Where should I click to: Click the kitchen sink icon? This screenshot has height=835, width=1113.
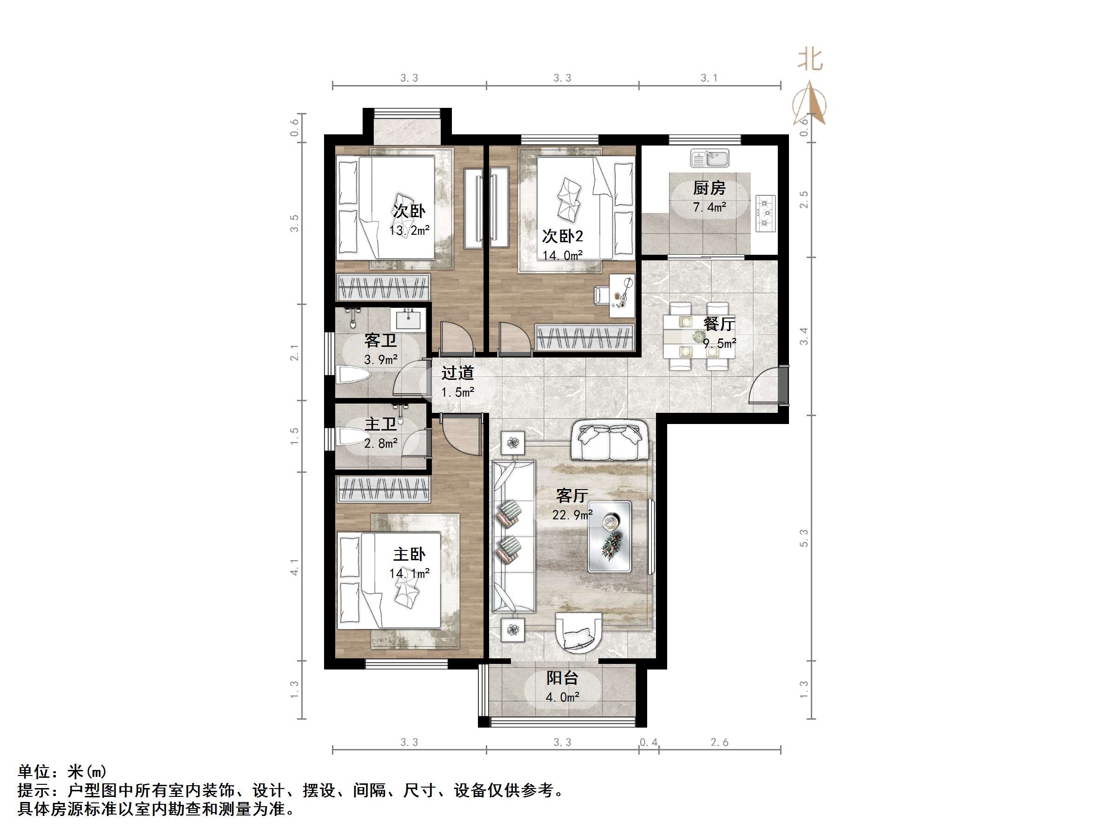pos(709,159)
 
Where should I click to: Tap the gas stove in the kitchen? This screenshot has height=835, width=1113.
pos(765,213)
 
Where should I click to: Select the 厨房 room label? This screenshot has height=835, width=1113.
pos(709,188)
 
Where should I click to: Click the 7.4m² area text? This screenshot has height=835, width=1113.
pos(709,207)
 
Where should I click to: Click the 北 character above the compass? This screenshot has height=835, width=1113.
pos(810,60)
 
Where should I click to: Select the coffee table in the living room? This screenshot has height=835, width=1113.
pos(610,537)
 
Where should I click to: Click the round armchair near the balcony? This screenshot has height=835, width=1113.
pos(578,632)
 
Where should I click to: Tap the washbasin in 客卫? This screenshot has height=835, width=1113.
pos(408,319)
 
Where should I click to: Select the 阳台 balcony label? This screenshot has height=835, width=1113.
pos(562,678)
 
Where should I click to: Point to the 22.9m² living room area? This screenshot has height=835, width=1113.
pos(572,515)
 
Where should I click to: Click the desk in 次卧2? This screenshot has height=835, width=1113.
pos(622,296)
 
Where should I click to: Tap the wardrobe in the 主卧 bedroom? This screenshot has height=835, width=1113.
pos(384,489)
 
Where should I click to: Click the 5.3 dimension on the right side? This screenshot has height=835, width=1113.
pos(803,538)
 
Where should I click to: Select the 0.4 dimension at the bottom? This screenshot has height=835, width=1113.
pos(649,742)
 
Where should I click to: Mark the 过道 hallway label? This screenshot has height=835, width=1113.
pos(457,373)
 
